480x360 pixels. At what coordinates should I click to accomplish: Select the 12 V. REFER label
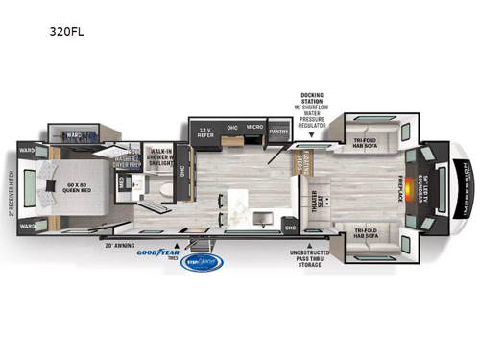pyautogui.click(x=205, y=132)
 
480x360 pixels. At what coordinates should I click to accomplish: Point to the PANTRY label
pyautogui.click(x=279, y=132)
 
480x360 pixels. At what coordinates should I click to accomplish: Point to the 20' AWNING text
pyautogui.click(x=122, y=246)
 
